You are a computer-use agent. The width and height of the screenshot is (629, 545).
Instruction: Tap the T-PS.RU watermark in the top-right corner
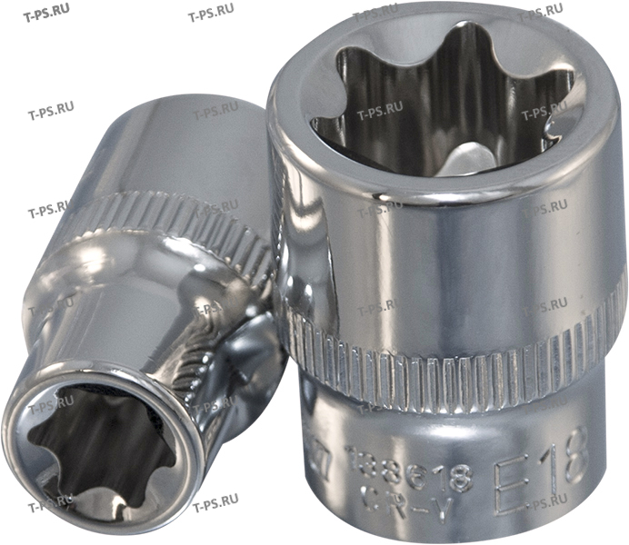544,15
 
